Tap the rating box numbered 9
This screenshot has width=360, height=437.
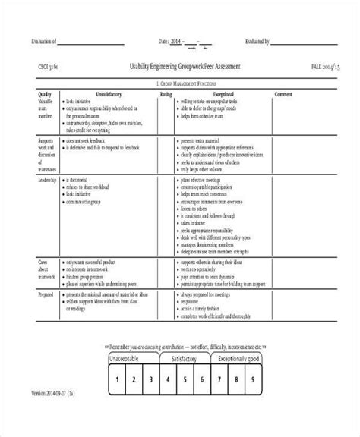tap(259, 401)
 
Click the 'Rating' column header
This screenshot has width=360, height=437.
tap(165, 95)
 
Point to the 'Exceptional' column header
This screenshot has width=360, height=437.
tap(213, 95)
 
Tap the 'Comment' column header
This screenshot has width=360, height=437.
tap(283, 95)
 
